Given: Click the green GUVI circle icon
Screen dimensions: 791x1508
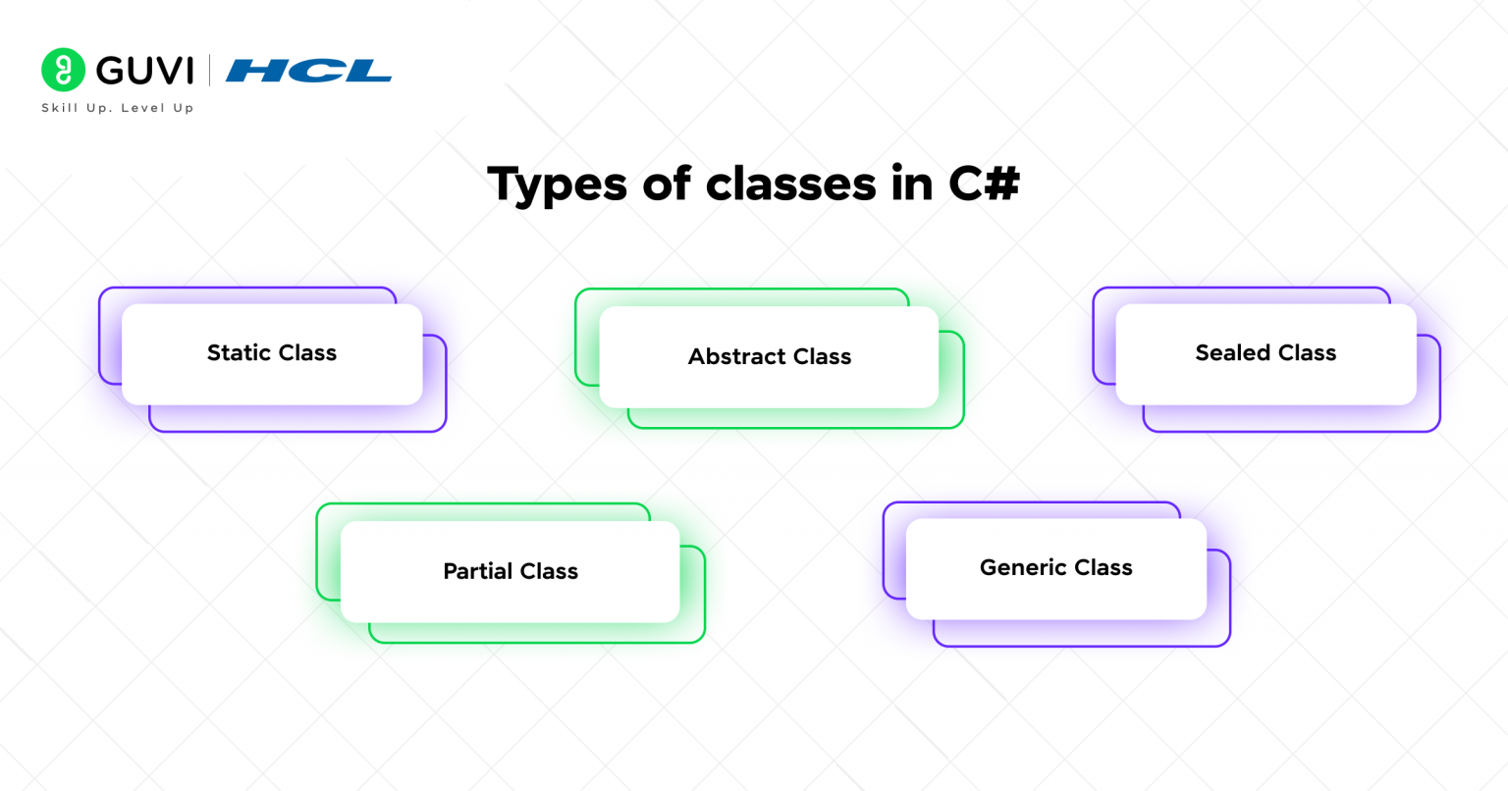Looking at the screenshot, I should pos(63,70).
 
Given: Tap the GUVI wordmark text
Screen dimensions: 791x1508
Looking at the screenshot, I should pos(145,71).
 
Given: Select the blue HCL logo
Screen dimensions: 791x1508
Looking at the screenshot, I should pos(308,71).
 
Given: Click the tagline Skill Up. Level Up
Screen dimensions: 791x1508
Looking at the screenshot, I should pos(117,108).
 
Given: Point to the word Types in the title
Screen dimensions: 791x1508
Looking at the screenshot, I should pos(557,185).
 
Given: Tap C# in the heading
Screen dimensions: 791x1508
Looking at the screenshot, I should pos(985,184).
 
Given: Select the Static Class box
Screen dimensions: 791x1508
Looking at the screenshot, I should pos(272,354).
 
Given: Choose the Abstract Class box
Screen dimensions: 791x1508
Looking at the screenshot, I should pos(769,357).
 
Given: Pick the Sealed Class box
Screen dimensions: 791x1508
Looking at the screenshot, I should pos(1266,354).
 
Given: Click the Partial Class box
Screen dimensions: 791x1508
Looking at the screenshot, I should pos(510,571).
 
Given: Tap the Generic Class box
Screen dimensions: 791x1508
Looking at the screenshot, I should pos(1055,568).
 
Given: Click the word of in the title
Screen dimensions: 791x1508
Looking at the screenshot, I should pos(667,184).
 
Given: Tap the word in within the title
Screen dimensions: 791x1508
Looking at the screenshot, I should pos(912,184).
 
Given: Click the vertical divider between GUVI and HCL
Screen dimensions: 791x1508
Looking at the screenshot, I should pos(209,71).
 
